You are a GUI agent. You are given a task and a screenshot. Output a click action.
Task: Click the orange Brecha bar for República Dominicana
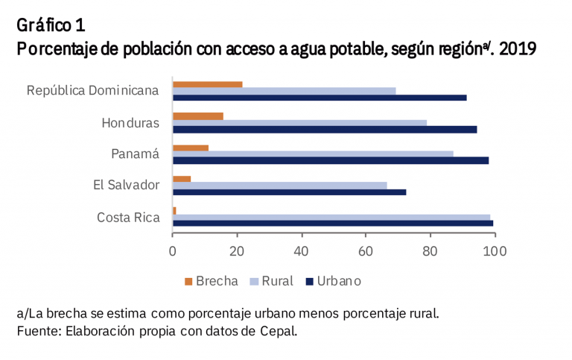(207, 83)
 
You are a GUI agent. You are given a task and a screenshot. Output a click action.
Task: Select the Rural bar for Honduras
(299, 122)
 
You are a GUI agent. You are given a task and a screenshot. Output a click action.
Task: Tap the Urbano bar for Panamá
(331, 160)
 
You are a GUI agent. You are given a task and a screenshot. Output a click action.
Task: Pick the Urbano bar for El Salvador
(289, 192)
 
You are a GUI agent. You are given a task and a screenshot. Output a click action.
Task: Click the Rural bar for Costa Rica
(331, 217)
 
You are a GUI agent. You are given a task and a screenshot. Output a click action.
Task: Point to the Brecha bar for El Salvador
(182, 178)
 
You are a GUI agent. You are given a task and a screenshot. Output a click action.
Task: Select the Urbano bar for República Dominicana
(320, 98)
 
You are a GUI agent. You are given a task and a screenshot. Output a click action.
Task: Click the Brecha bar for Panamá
(190, 147)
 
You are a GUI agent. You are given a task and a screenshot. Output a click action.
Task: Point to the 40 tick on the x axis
(302, 251)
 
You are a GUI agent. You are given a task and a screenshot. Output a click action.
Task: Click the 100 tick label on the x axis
(494, 251)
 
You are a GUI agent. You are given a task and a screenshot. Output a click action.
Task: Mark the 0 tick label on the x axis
(173, 251)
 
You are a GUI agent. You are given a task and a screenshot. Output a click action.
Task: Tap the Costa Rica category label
(128, 217)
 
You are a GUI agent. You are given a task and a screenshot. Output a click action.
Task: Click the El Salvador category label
(127, 185)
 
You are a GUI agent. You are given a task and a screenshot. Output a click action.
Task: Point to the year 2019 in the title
(518, 49)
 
